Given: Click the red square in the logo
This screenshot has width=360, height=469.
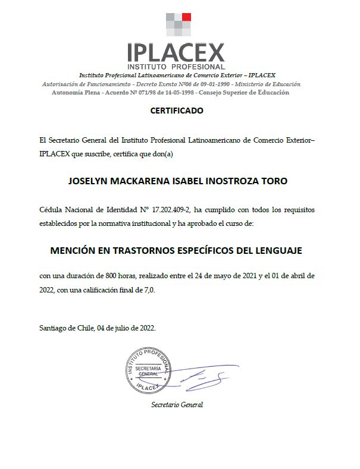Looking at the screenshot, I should (186, 17).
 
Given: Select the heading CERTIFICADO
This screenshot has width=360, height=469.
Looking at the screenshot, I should (177, 111).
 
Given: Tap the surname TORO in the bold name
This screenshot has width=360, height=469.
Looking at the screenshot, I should (274, 181).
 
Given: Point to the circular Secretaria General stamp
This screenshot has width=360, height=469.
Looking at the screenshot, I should (148, 371).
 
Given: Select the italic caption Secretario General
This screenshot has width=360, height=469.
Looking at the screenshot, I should (177, 405).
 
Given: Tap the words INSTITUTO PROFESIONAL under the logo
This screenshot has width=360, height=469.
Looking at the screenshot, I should (177, 67).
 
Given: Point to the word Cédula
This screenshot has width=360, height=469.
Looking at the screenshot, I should (50, 211).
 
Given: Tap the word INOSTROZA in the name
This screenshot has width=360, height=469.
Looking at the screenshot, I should (229, 181).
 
